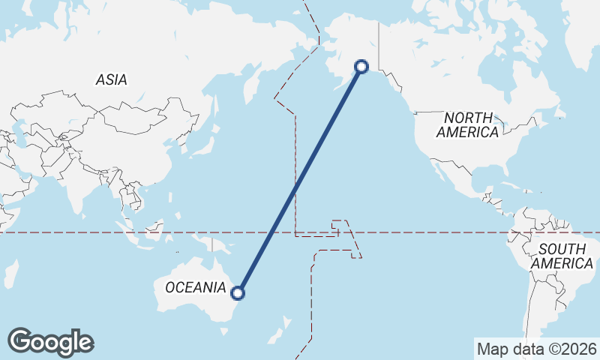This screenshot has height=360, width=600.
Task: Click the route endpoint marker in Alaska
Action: pyautogui.click(x=361, y=67)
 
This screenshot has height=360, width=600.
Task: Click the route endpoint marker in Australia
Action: pyautogui.click(x=238, y=293)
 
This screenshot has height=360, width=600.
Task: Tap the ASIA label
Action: pyautogui.click(x=111, y=79)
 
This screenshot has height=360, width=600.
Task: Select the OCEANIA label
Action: pyautogui.click(x=195, y=287)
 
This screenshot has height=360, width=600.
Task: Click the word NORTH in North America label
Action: pyautogui.click(x=468, y=118)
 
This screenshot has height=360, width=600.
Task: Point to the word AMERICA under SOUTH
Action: pyautogui.click(x=562, y=263)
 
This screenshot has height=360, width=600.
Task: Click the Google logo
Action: pyautogui.click(x=50, y=342)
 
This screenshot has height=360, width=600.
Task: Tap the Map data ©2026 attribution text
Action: pyautogui.click(x=537, y=349)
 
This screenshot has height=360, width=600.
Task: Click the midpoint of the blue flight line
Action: pyautogui.click(x=300, y=180)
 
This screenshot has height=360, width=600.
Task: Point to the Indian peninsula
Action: pyautogui.click(x=75, y=191)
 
